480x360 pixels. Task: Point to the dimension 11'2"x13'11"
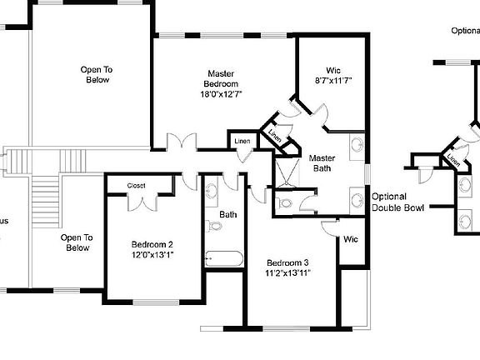click(288, 272)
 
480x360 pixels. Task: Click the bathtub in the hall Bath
click(222, 258)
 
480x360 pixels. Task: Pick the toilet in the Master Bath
click(285, 202)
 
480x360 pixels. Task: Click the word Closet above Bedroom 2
click(137, 185)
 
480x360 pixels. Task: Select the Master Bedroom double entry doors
click(181, 142)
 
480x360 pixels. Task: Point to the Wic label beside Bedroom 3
click(351, 240)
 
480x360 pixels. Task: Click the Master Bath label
click(322, 163)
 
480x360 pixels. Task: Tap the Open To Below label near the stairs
click(77, 242)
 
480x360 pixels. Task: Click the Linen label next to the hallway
click(242, 140)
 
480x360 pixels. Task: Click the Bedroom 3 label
click(288, 261)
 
